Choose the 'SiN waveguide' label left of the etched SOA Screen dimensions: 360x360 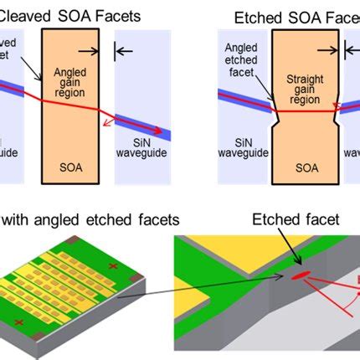click(244, 147)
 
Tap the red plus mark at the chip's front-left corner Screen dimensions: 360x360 click(18, 321)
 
